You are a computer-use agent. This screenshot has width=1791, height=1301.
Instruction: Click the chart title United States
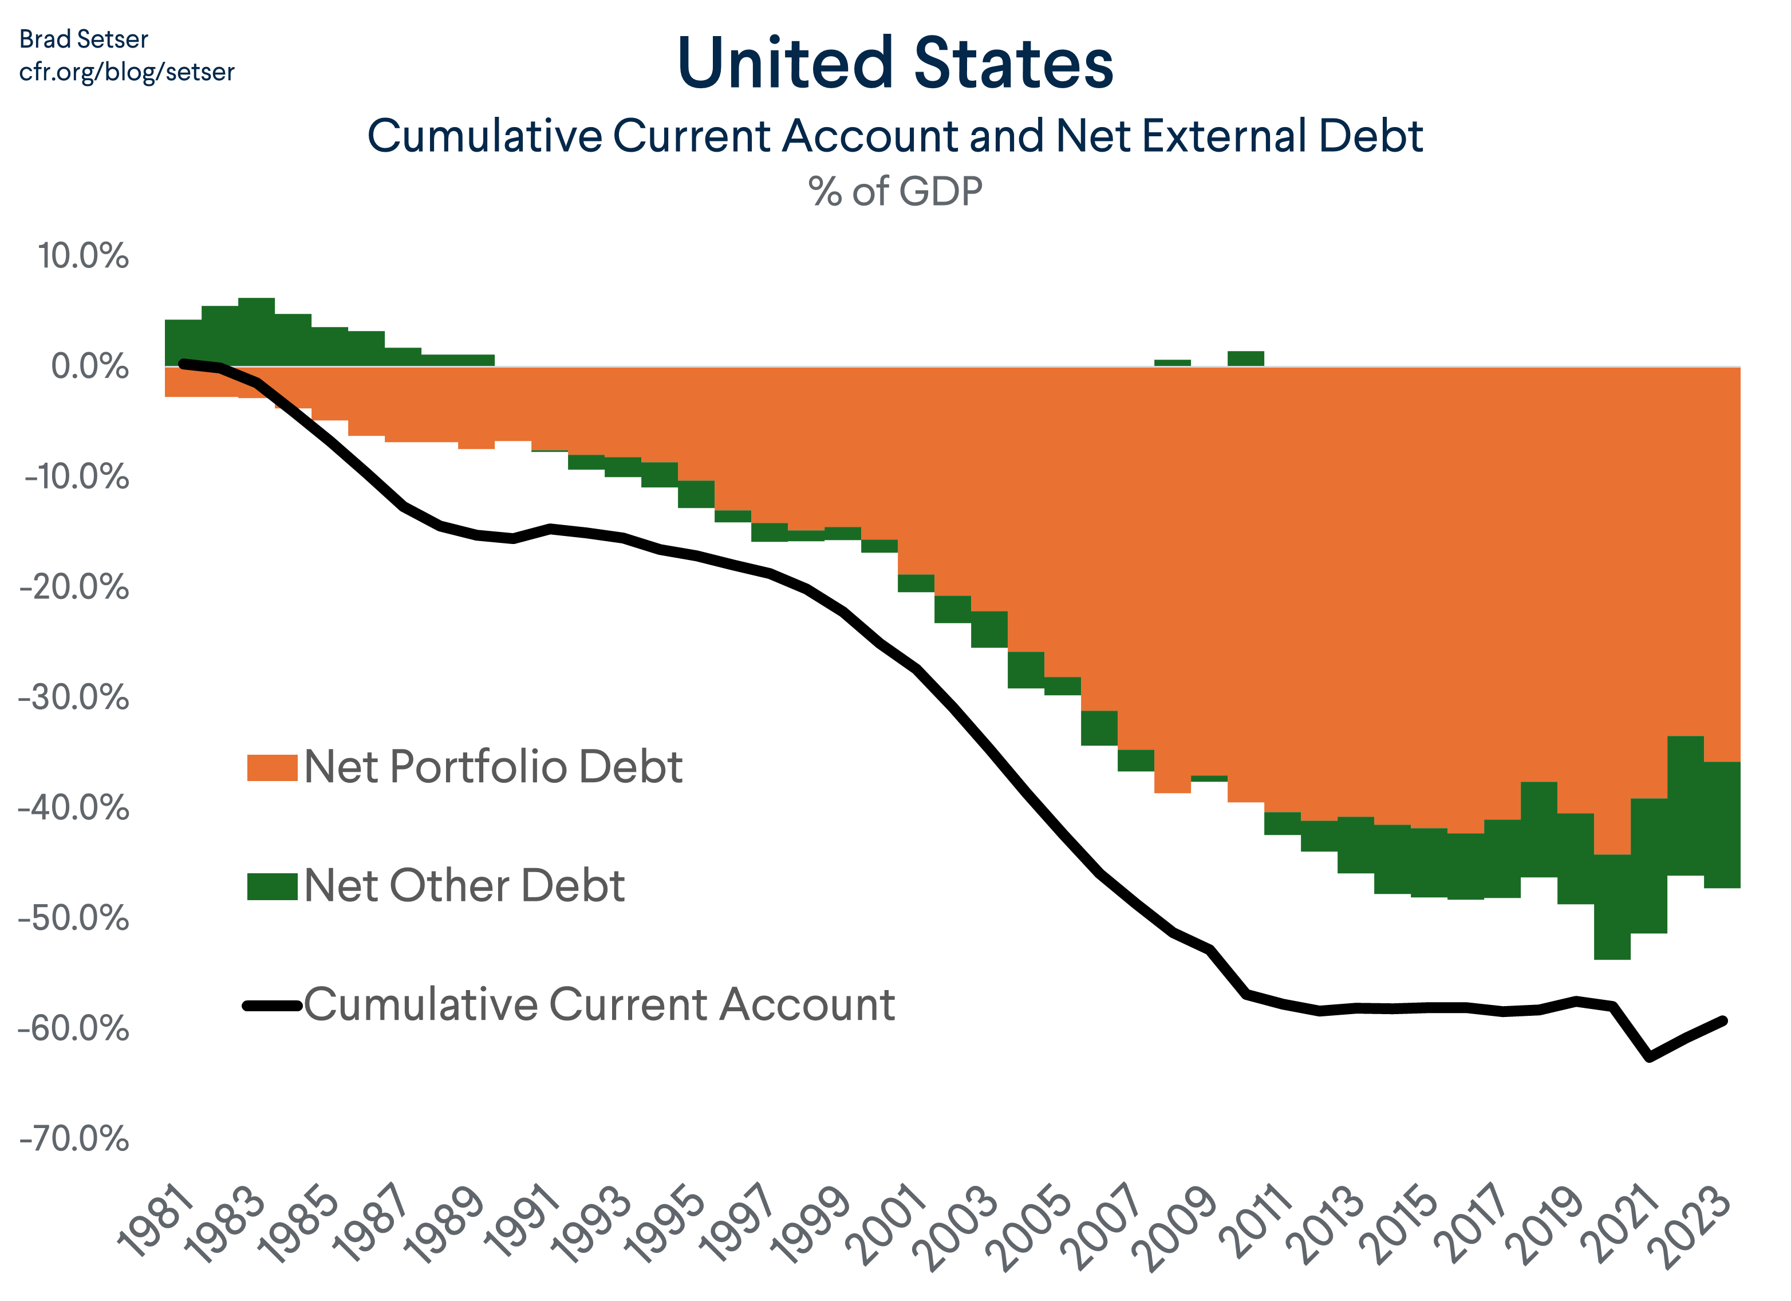(895, 63)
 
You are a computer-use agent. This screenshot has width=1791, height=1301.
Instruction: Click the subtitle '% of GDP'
(895, 192)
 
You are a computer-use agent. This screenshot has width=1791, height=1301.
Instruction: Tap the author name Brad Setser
(83, 40)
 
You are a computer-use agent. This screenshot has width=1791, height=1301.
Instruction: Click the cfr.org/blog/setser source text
(127, 72)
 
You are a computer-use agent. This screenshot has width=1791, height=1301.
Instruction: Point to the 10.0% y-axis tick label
(83, 256)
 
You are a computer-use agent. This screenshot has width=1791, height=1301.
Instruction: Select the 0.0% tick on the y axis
(89, 366)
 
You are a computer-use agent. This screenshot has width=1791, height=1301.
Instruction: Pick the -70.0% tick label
(75, 1139)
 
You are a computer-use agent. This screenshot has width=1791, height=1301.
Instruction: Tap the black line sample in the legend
(273, 1006)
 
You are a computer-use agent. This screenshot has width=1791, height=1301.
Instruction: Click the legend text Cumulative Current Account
(599, 1005)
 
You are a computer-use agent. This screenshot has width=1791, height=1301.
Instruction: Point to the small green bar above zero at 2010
(1245, 358)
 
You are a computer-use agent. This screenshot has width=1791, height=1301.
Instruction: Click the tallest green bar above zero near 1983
(256, 332)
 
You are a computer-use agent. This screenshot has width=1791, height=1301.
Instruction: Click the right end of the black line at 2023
(1724, 1020)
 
